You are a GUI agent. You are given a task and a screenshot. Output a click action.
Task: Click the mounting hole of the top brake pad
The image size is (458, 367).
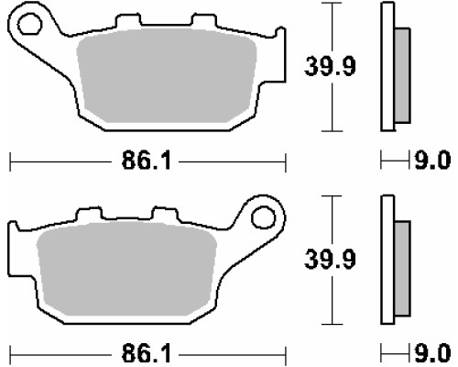[x=29, y=23]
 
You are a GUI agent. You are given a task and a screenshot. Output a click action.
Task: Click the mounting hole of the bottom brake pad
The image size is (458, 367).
[x=263, y=217]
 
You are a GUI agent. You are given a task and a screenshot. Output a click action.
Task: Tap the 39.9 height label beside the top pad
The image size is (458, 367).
[x=330, y=66]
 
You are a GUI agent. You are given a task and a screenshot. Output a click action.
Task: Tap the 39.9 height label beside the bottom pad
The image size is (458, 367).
[x=330, y=260]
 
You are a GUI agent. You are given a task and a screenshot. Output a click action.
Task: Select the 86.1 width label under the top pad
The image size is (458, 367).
[x=147, y=161]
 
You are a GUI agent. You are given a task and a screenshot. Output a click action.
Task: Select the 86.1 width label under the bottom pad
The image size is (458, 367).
[x=147, y=354]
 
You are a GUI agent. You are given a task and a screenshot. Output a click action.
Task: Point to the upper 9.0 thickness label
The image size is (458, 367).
[x=432, y=160]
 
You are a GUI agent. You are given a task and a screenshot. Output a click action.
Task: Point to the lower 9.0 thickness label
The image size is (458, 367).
[x=432, y=352]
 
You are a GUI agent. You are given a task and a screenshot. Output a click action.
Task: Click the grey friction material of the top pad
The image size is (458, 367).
[x=167, y=76]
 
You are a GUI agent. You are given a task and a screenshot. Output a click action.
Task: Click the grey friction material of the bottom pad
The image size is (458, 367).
[x=126, y=269]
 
